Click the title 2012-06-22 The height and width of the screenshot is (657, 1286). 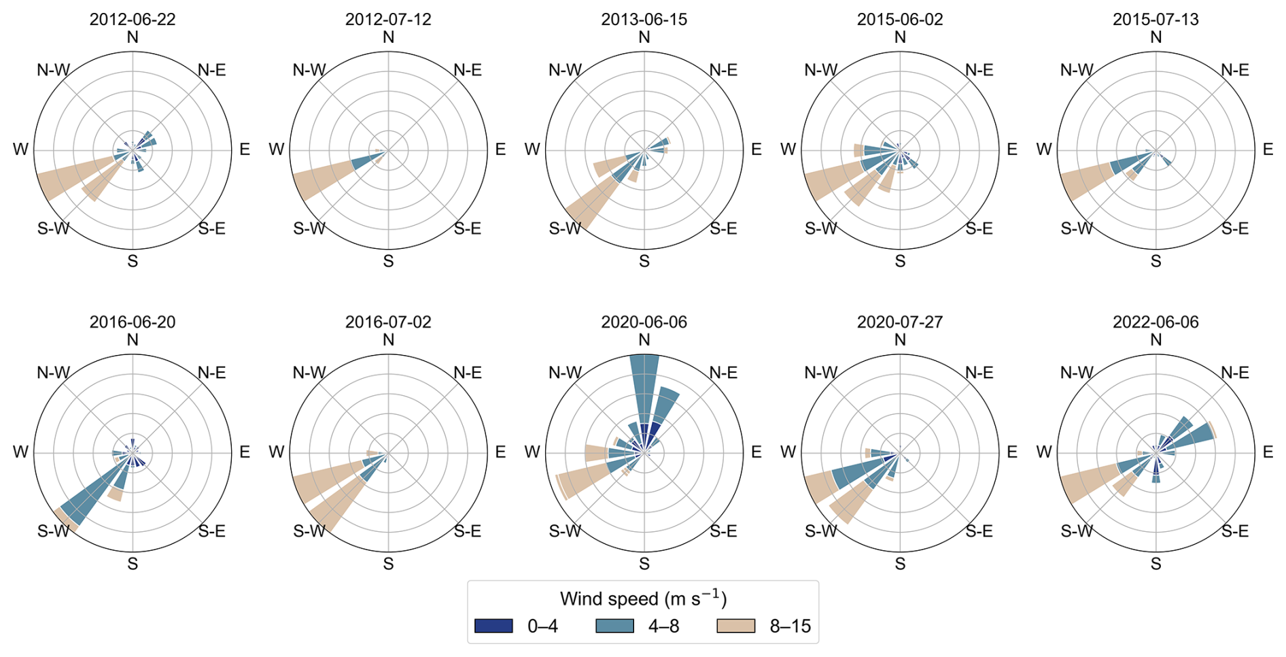(x=133, y=19)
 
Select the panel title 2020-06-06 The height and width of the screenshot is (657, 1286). (x=644, y=322)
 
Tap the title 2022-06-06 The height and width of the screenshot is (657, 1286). (x=1155, y=322)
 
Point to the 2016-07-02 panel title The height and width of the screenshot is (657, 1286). (x=388, y=322)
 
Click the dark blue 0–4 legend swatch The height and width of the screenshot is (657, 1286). (x=493, y=626)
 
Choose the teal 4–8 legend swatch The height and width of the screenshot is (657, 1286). (x=614, y=626)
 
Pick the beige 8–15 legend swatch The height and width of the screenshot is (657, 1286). (x=736, y=626)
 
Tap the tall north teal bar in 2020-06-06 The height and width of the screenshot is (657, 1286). (x=644, y=389)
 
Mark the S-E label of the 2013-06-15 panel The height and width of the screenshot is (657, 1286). (x=723, y=229)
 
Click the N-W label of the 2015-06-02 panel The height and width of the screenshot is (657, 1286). (x=821, y=70)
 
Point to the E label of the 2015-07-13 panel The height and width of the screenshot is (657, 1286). (x=1268, y=150)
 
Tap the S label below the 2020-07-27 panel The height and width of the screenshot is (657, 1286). (x=900, y=564)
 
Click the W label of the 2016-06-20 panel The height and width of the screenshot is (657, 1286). (x=20, y=452)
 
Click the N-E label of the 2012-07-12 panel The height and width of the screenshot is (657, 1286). (x=468, y=70)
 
